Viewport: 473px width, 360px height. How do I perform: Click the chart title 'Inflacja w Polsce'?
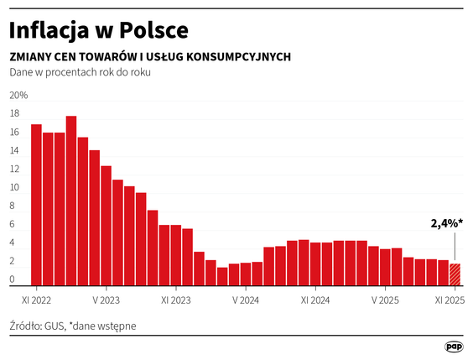point(98,30)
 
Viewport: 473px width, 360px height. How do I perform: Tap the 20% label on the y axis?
point(18,96)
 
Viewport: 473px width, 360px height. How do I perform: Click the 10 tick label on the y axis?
point(14,187)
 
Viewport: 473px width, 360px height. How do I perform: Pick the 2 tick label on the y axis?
point(14,260)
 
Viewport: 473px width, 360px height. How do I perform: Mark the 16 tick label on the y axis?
point(14,133)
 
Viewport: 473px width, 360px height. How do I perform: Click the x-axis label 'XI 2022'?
point(36,298)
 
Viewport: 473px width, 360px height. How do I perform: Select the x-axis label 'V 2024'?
point(246,298)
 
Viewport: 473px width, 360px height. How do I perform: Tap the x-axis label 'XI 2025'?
point(450,298)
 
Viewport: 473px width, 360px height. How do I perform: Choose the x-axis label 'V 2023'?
point(106,298)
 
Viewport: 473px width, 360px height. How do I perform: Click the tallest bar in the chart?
point(71,201)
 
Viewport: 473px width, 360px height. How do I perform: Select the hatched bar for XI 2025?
point(455,274)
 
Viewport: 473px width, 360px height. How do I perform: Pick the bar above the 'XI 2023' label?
point(175,255)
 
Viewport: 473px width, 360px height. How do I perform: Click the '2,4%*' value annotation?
point(446,224)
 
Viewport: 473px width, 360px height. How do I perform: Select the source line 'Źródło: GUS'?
point(39,325)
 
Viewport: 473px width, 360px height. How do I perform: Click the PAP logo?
point(454,346)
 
